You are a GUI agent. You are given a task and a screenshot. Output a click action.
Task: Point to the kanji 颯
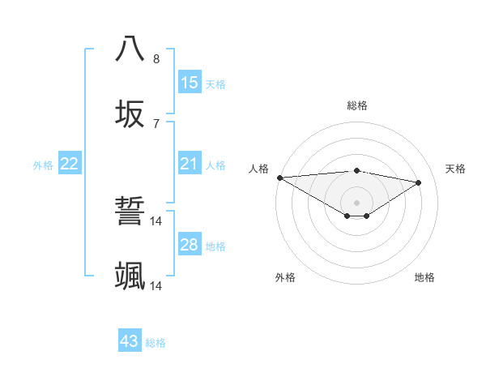[130, 276]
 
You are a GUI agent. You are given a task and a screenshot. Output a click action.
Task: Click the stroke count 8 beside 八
[156, 59]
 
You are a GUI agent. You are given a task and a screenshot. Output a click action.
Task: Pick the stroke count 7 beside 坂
[156, 124]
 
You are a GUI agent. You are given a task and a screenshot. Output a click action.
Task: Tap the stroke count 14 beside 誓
[156, 220]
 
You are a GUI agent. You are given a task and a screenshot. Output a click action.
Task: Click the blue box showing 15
[190, 83]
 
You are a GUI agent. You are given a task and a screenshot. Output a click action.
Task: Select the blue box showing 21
[190, 165]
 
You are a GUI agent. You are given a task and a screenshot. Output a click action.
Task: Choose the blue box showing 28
[190, 245]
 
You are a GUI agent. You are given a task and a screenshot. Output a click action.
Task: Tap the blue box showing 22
[70, 165]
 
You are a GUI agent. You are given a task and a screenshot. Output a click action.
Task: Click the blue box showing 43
[130, 341]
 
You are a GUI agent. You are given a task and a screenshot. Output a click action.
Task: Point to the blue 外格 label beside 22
[43, 165]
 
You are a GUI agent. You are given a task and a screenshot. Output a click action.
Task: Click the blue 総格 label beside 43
[156, 343]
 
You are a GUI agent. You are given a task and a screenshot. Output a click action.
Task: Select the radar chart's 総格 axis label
[357, 105]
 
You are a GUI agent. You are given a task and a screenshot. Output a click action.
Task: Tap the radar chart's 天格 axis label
[456, 169]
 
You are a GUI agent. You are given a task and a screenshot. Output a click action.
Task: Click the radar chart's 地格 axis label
[424, 277]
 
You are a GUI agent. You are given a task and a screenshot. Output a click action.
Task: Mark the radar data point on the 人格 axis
[279, 178]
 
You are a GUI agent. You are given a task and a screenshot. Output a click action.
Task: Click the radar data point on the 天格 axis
[419, 182]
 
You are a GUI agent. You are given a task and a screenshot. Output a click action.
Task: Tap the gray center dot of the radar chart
[357, 203]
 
